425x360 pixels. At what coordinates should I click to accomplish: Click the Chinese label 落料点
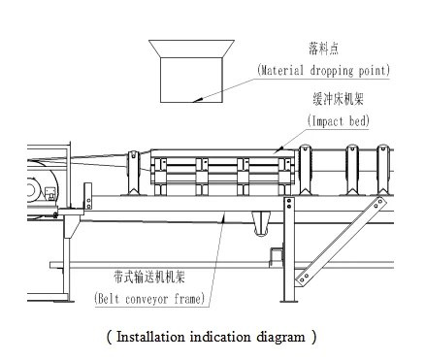tap(323, 49)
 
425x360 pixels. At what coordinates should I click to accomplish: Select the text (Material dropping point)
tap(323, 70)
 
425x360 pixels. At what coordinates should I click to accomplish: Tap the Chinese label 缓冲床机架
tap(338, 98)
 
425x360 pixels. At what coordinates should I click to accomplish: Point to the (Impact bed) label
tap(339, 121)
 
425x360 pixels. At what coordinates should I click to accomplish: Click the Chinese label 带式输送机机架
tap(149, 277)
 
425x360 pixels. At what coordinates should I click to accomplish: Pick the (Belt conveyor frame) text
tap(149, 299)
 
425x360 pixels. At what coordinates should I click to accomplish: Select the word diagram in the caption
tap(280, 338)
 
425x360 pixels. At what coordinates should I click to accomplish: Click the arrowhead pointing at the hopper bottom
tap(198, 100)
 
